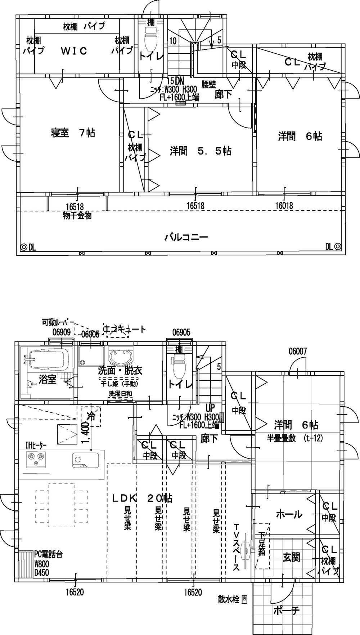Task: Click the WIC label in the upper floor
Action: coord(73,51)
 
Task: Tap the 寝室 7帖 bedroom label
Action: coord(73,133)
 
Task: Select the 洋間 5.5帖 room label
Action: coord(201,151)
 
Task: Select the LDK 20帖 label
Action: coord(142,498)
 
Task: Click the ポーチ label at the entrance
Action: coord(286,611)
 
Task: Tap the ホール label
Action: coord(289,514)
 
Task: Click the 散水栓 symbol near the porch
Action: coord(245,599)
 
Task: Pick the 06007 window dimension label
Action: coord(297,351)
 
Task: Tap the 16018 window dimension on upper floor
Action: coord(284,206)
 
